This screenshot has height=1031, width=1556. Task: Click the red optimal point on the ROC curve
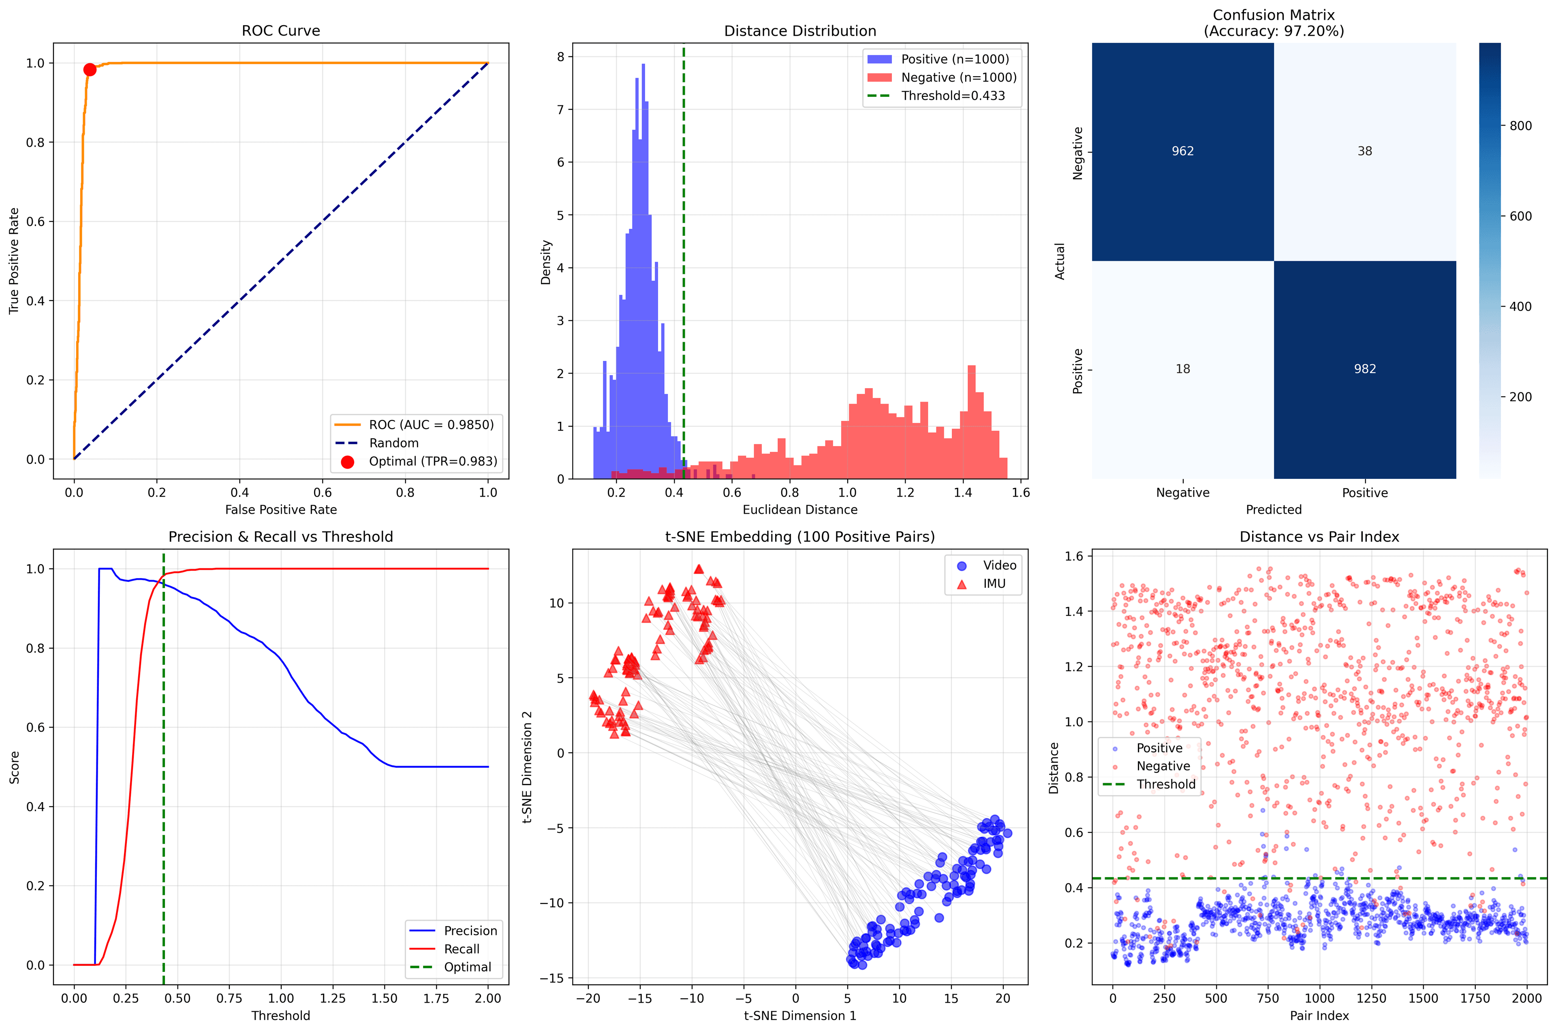[90, 70]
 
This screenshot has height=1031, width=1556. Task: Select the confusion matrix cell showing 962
[1182, 151]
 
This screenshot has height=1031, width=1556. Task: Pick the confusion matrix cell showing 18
[1182, 369]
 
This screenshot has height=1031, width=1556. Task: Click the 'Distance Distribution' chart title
[800, 31]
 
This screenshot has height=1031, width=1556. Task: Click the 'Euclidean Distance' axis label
[800, 510]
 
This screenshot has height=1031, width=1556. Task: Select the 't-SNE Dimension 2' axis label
[527, 767]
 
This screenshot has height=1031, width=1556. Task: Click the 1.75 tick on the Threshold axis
[436, 998]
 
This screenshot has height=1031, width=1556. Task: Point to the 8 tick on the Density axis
[560, 57]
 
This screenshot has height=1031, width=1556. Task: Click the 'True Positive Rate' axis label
[14, 261]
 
